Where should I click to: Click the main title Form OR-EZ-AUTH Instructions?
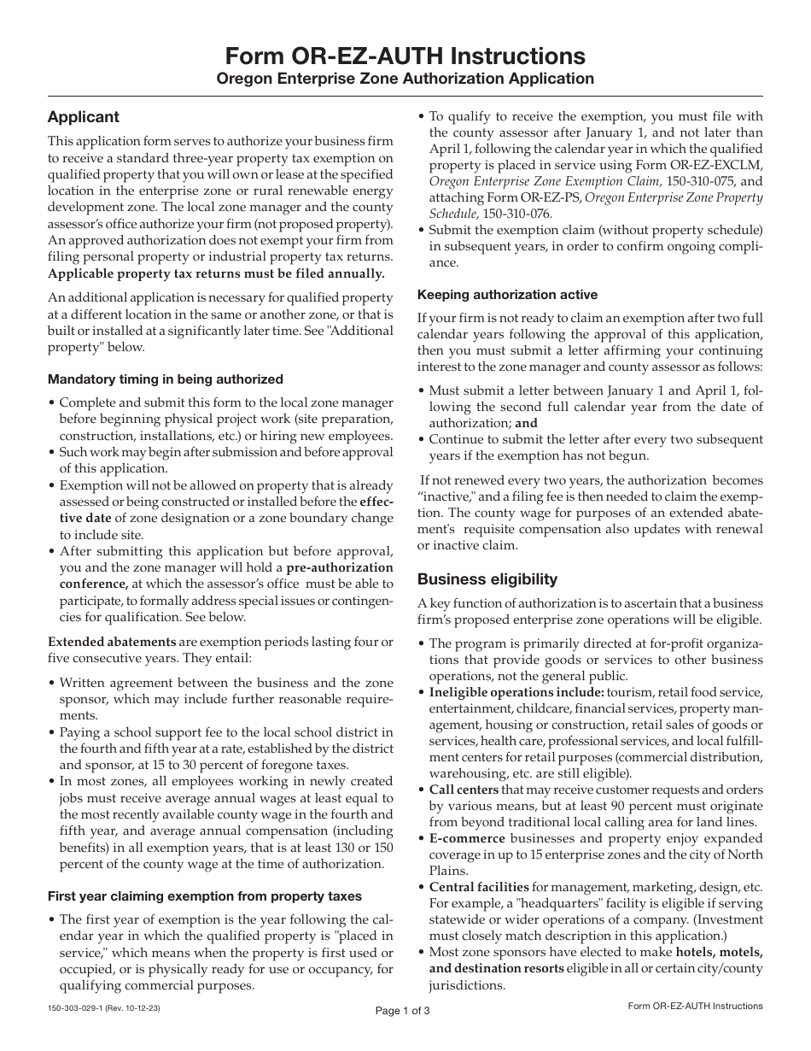tap(405, 56)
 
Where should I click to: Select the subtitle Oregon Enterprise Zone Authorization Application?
tap(405, 79)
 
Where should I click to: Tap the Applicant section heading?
tap(84, 117)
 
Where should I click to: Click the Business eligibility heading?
tap(487, 579)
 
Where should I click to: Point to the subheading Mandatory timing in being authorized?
tap(166, 379)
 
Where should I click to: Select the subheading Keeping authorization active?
tap(507, 295)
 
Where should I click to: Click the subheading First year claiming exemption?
tap(205, 896)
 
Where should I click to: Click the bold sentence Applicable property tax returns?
tap(216, 273)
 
